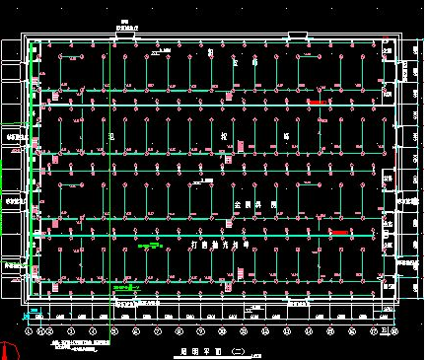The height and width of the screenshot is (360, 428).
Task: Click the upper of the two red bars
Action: pos(319,102)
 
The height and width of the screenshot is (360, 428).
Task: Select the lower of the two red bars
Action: pos(338,232)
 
